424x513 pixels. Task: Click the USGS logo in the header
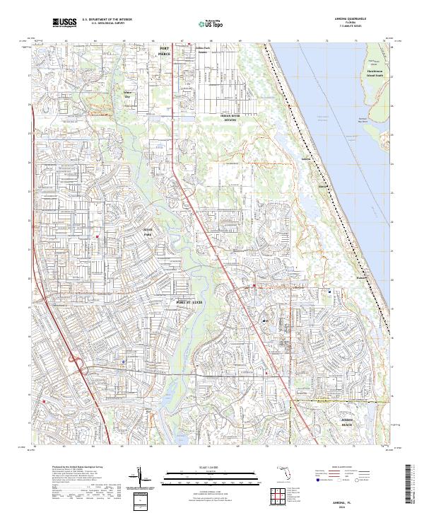[x=65, y=23]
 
